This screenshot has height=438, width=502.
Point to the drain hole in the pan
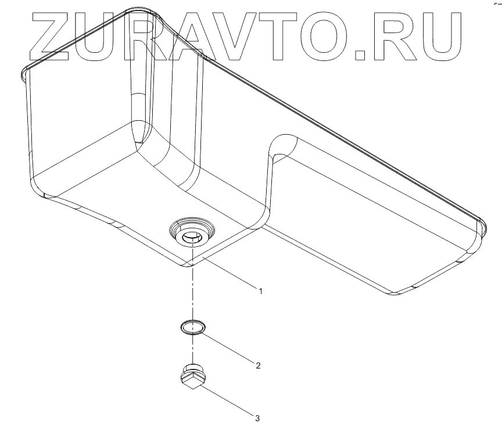(191, 236)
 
